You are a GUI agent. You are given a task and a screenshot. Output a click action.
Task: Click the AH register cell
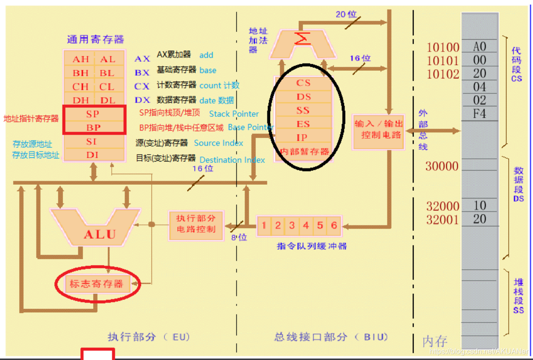click(80, 59)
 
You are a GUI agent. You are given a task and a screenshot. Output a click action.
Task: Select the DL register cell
click(108, 100)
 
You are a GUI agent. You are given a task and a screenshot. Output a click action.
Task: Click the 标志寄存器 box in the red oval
click(96, 284)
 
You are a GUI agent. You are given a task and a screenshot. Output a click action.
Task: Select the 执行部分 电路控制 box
click(196, 224)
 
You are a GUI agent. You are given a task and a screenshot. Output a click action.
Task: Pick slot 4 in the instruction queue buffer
click(306, 225)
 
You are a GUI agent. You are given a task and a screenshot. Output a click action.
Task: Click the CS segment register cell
click(303, 83)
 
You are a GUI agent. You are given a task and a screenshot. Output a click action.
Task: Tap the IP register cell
click(302, 137)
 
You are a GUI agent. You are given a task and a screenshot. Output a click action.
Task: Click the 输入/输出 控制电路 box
click(379, 130)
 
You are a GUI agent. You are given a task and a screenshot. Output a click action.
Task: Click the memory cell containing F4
click(480, 113)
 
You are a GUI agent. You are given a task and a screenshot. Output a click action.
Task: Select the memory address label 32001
click(442, 220)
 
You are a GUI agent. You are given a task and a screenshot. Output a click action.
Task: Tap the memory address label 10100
click(443, 47)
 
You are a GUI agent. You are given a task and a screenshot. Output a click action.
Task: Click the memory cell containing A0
click(480, 47)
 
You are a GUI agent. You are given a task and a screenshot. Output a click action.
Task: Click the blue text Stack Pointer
click(234, 114)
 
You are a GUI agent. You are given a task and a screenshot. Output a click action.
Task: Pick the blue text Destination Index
click(232, 160)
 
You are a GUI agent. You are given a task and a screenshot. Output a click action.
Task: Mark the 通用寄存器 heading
click(95, 40)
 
